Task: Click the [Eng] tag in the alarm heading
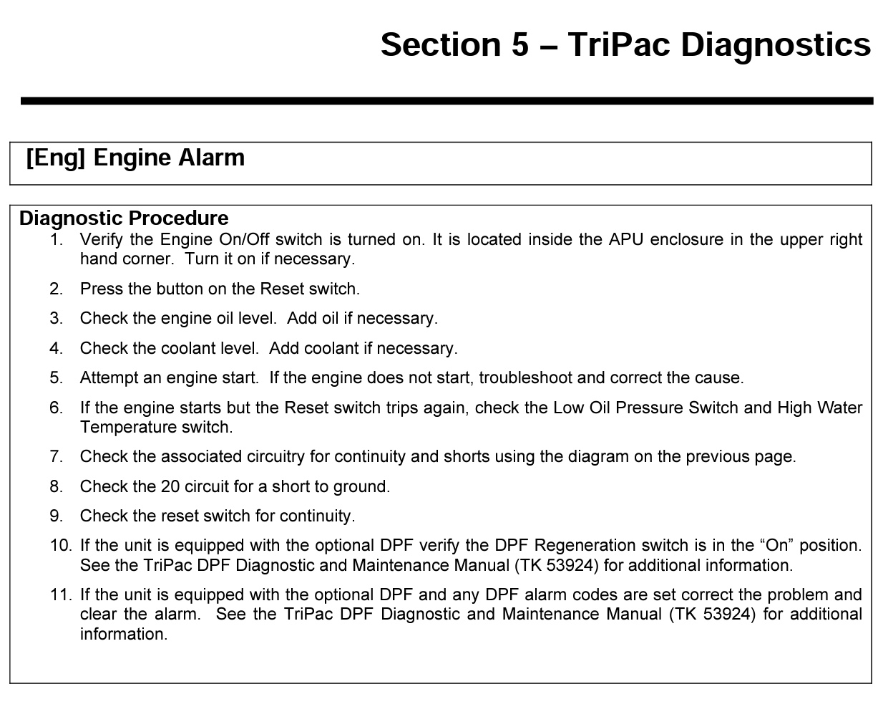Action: tap(55, 158)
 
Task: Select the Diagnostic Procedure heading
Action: tap(124, 218)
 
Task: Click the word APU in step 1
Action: tap(626, 239)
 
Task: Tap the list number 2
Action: tap(57, 289)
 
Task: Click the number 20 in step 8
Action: tap(170, 486)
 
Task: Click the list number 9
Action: tap(57, 516)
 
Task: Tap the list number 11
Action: tap(60, 594)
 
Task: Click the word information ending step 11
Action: tap(122, 634)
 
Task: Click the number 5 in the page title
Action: tap(519, 44)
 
